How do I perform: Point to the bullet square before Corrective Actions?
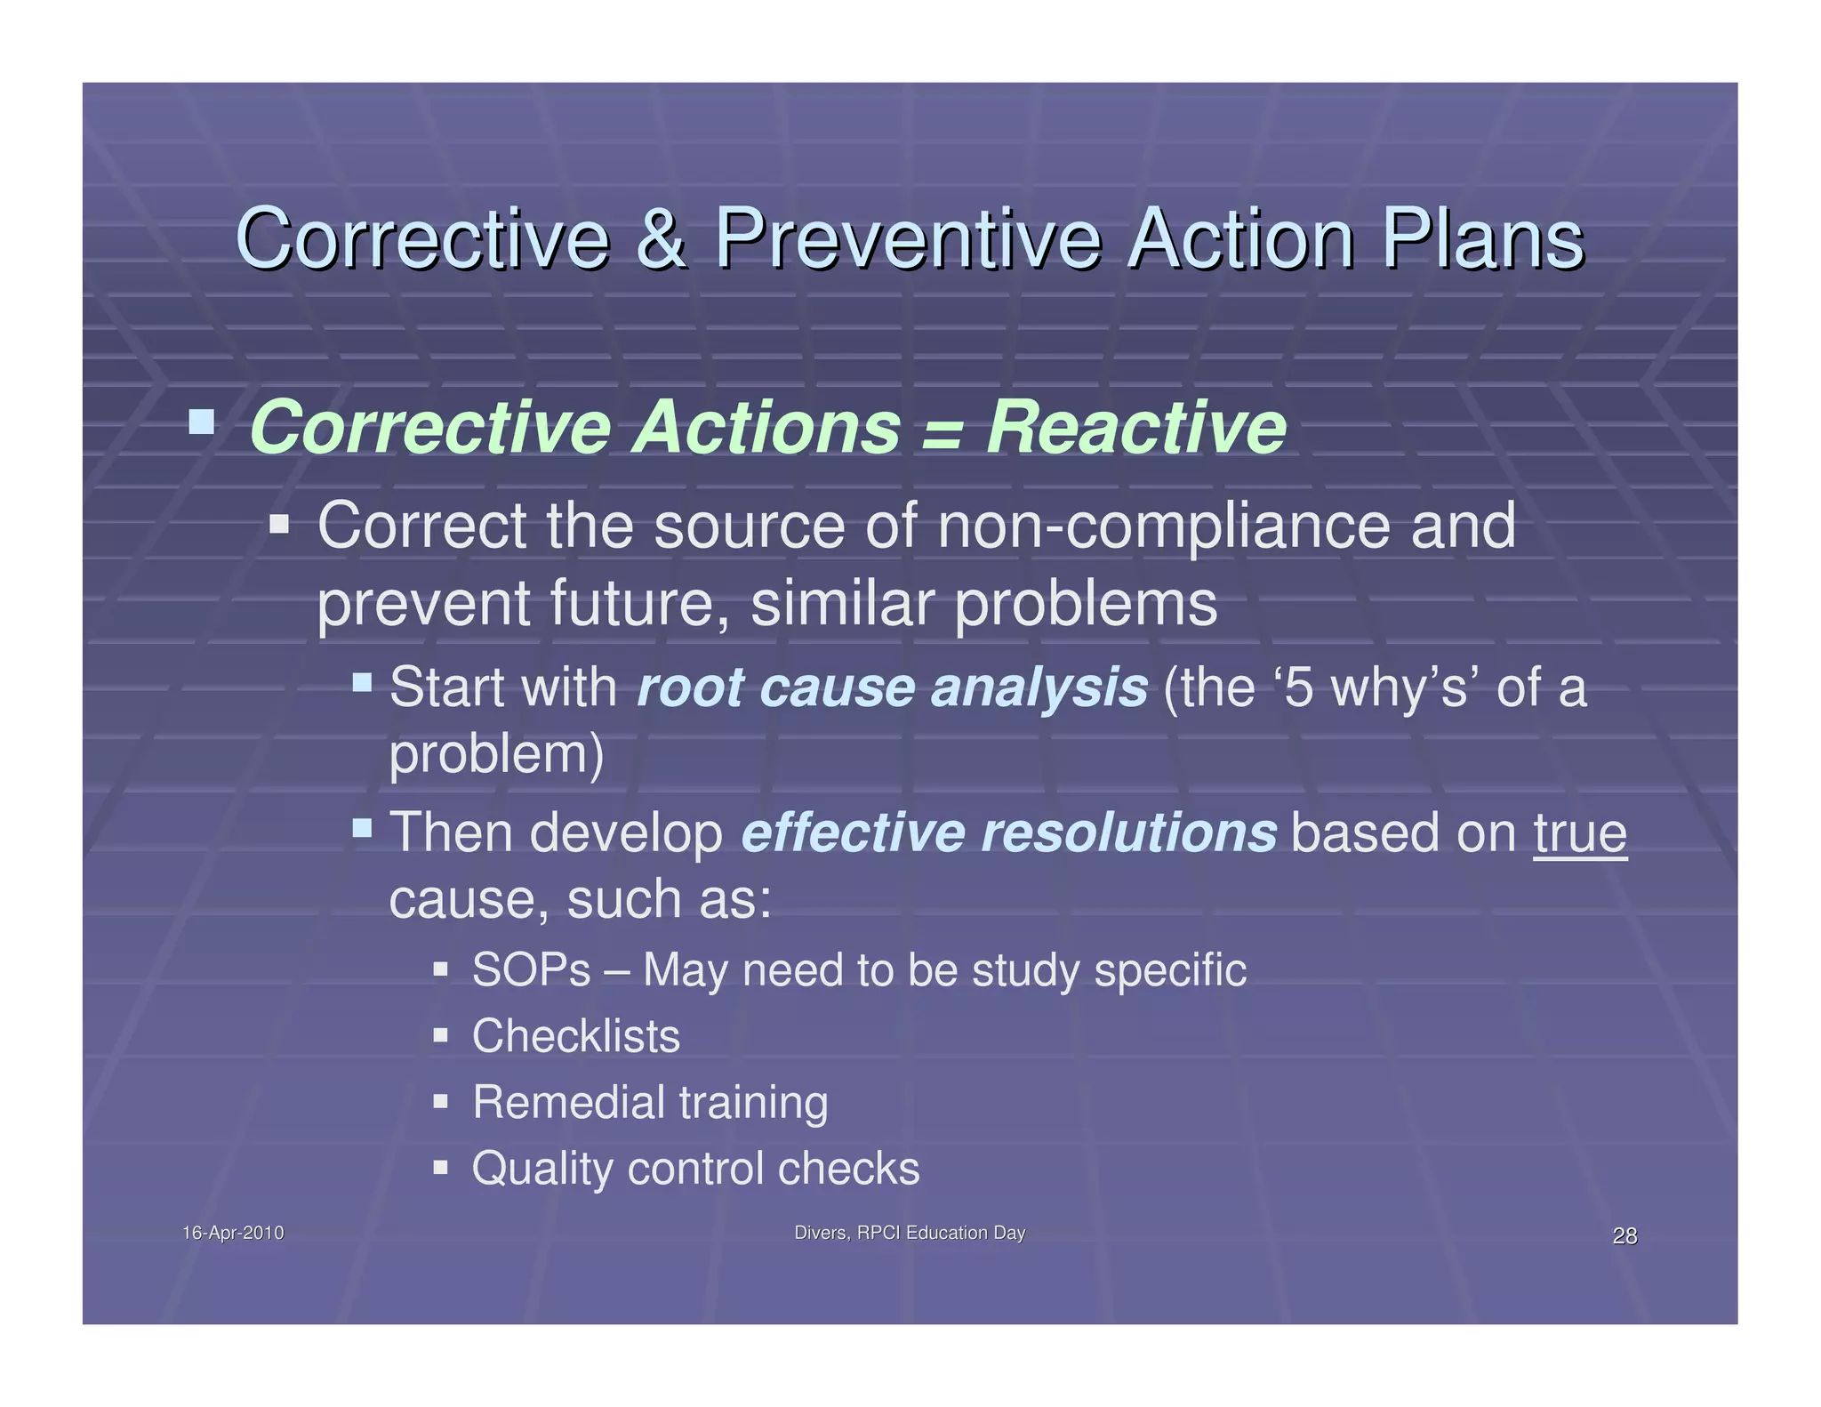click(x=202, y=421)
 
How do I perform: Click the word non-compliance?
click(x=1164, y=527)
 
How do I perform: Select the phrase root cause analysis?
click(x=892, y=687)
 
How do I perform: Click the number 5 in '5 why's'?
click(x=1299, y=688)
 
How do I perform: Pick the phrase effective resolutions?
click(x=1008, y=833)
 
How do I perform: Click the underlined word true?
click(x=1580, y=833)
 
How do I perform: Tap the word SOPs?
click(x=531, y=970)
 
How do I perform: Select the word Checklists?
click(x=575, y=1036)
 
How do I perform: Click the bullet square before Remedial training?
click(x=440, y=1102)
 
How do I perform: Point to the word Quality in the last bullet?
click(x=541, y=1169)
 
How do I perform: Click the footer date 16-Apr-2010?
click(x=233, y=1233)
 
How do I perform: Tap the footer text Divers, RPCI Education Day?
click(x=909, y=1233)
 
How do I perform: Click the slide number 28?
click(x=1624, y=1236)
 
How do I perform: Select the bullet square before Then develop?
click(x=362, y=828)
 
